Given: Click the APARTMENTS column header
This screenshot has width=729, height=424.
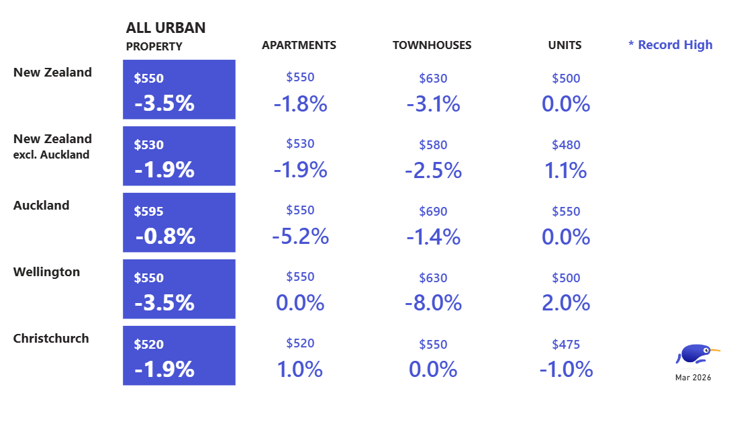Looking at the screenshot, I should pyautogui.click(x=299, y=46).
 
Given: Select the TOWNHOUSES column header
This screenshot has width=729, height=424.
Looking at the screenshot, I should pyautogui.click(x=432, y=46).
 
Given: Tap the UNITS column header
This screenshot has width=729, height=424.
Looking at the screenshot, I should pyautogui.click(x=565, y=46).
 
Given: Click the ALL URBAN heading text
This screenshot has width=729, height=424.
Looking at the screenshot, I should pyautogui.click(x=166, y=28).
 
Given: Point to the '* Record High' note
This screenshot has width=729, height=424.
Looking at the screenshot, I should pyautogui.click(x=670, y=45).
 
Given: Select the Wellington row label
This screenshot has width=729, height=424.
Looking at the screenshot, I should pyautogui.click(x=46, y=272).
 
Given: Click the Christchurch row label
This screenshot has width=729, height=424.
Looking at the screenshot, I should pyautogui.click(x=51, y=339).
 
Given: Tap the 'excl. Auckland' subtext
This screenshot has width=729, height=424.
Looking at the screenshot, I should pyautogui.click(x=51, y=155).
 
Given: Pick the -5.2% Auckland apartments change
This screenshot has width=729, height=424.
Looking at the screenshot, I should pyautogui.click(x=300, y=237).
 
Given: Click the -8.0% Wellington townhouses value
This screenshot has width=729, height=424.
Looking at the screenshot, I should pyautogui.click(x=433, y=303).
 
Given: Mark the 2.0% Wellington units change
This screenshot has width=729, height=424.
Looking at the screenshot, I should pyautogui.click(x=565, y=303).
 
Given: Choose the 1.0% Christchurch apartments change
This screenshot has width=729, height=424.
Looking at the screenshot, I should pyautogui.click(x=299, y=370).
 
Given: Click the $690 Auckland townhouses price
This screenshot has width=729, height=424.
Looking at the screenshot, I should pyautogui.click(x=433, y=212).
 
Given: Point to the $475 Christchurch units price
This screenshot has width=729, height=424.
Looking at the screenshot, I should pyautogui.click(x=565, y=345).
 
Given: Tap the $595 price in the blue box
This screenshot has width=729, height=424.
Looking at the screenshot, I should pyautogui.click(x=148, y=212).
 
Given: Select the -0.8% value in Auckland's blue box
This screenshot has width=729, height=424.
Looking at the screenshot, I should pyautogui.click(x=165, y=237).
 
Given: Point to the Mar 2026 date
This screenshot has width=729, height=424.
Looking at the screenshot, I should pyautogui.click(x=693, y=378).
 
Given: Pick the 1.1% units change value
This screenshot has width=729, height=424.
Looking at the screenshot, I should pyautogui.click(x=565, y=171).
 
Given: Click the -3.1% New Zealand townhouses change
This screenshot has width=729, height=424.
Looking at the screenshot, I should pyautogui.click(x=433, y=104).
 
